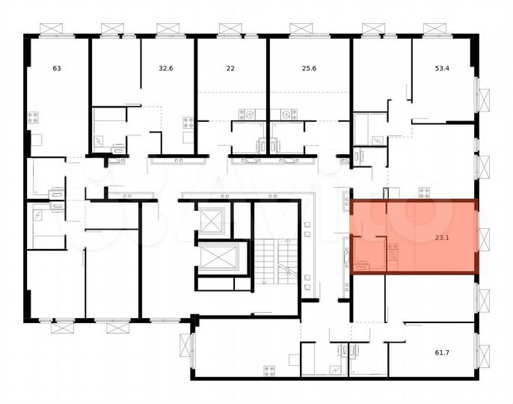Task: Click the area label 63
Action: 57,68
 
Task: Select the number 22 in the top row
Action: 230,68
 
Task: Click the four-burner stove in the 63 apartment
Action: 33,117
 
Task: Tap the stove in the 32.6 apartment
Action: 188,123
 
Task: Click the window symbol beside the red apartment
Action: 482,238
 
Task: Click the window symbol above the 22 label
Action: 230,29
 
